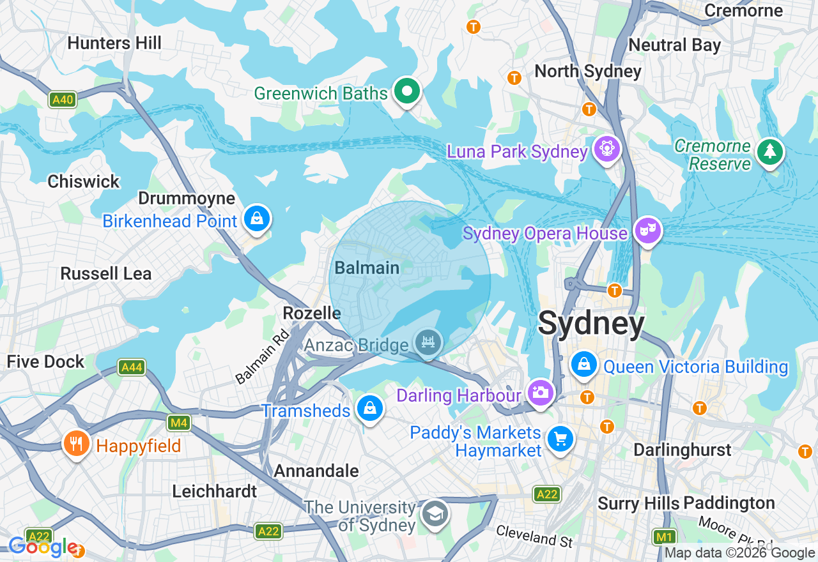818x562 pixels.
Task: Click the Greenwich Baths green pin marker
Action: click(406, 92)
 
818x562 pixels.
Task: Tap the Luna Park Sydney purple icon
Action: click(606, 149)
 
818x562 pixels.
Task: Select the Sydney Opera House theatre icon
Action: click(647, 230)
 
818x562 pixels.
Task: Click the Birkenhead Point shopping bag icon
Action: click(256, 219)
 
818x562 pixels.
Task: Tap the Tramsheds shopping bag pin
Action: click(369, 408)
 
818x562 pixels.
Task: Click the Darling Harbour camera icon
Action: click(541, 391)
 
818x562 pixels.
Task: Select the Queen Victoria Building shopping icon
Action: click(583, 365)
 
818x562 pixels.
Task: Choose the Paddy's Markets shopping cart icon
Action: click(560, 439)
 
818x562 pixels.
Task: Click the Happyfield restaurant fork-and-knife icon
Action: click(77, 443)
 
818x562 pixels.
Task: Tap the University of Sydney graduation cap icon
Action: click(435, 513)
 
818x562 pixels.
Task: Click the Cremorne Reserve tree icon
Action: click(769, 153)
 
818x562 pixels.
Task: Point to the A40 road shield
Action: click(63, 100)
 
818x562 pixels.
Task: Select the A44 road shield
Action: click(132, 367)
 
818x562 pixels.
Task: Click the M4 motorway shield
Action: click(178, 422)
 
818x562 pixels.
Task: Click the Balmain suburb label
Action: click(367, 268)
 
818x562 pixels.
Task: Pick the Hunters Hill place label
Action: click(114, 43)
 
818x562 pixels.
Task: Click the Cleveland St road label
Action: click(534, 536)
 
